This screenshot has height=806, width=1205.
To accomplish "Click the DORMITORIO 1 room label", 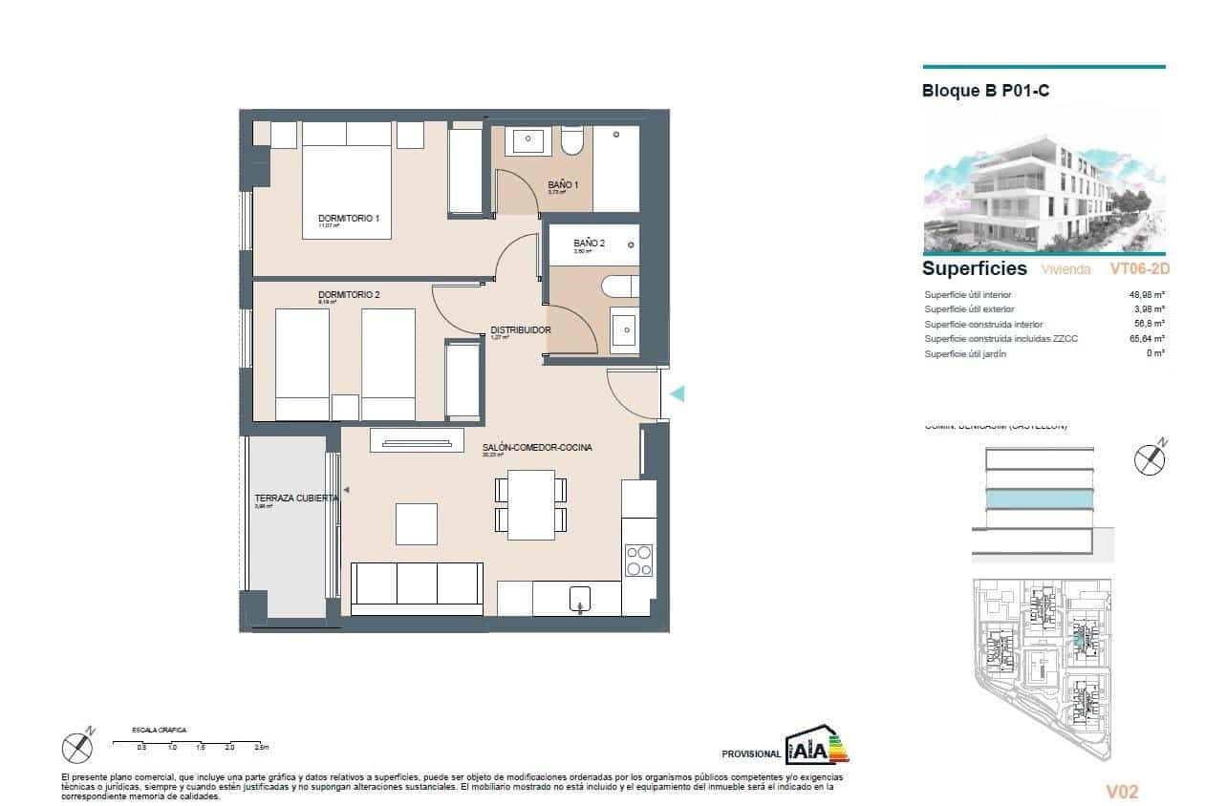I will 348,219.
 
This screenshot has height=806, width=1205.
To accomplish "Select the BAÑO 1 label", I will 563,184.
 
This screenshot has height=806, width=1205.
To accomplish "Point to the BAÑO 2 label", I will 589,244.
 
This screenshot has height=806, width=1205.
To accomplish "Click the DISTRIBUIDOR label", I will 520,330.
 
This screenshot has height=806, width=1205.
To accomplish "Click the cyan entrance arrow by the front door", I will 677,393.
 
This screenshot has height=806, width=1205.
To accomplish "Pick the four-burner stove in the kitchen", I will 637,560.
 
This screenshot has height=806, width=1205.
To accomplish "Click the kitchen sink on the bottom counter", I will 581,599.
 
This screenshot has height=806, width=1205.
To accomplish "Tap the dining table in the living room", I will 531,504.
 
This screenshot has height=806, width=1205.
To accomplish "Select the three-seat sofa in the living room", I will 416,587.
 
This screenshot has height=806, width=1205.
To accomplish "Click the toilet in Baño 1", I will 571,142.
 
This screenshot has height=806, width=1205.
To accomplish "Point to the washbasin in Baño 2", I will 624,329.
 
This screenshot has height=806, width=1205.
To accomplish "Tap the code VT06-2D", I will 1139,269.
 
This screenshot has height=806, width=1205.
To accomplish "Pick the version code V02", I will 1122,792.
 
